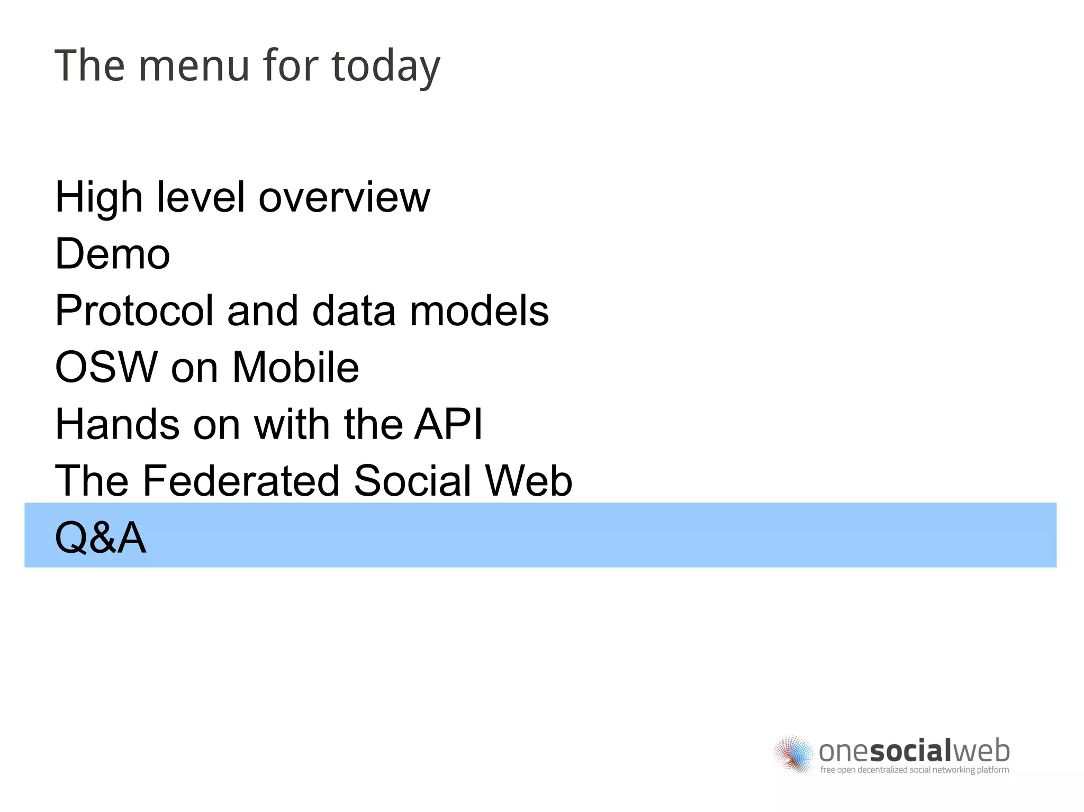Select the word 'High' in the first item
click(x=98, y=198)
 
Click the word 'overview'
click(x=344, y=198)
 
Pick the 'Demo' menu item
click(x=112, y=254)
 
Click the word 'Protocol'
click(x=134, y=311)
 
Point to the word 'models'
click(x=479, y=311)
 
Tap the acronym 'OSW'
click(x=106, y=368)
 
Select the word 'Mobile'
click(x=295, y=368)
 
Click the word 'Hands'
click(x=117, y=424)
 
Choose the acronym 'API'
click(x=448, y=424)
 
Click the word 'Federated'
click(x=240, y=481)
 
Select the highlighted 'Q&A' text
click(x=101, y=538)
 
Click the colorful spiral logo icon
click(x=793, y=754)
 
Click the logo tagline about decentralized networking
click(x=914, y=770)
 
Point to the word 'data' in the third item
click(x=354, y=311)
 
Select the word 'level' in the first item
click(x=200, y=198)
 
